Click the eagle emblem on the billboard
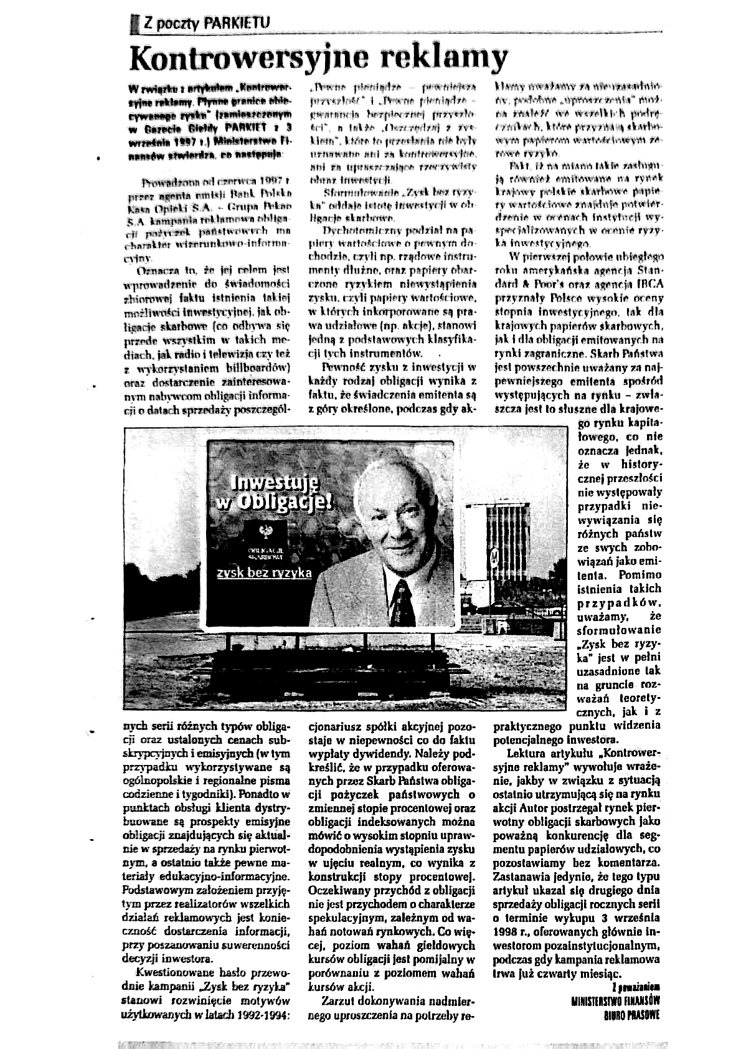(x=266, y=532)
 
